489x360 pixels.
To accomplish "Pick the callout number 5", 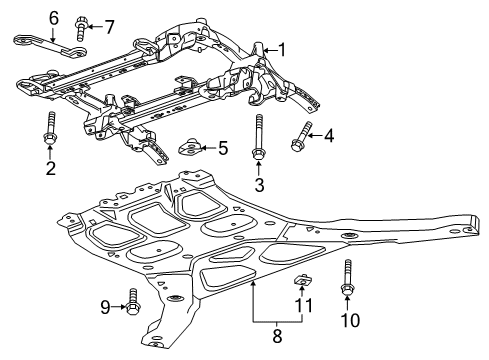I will tap(223, 148).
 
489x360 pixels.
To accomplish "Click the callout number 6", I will tap(26, 16).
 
